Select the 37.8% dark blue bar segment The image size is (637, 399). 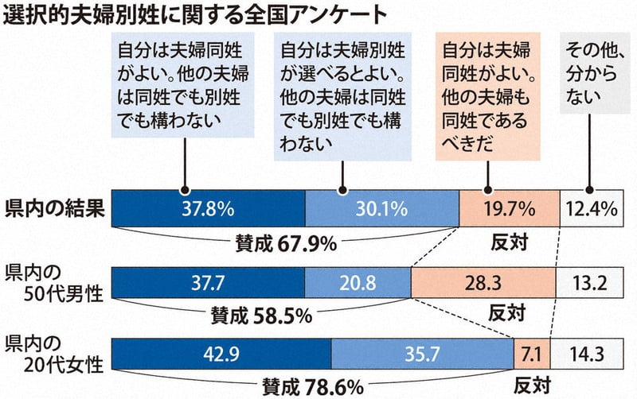pyautogui.click(x=209, y=209)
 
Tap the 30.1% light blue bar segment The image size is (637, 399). pyautogui.click(x=382, y=209)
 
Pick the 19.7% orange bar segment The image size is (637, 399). pyautogui.click(x=510, y=209)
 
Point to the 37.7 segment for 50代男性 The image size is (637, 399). pyautogui.click(x=208, y=282)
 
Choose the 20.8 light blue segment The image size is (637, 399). pyautogui.click(x=358, y=282)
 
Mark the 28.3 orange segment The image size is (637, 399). pyautogui.click(x=484, y=282)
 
